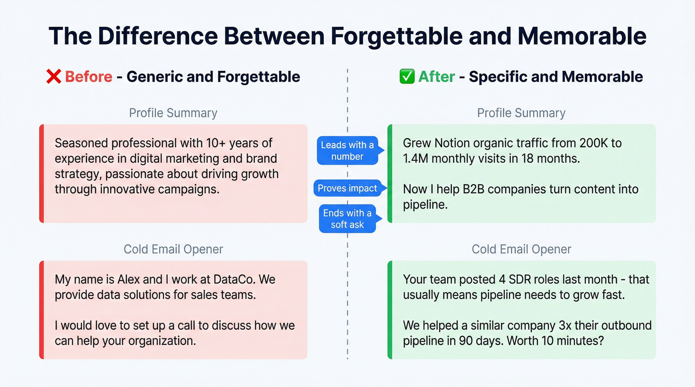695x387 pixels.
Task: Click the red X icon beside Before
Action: point(53,77)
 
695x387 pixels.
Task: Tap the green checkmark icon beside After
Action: point(407,77)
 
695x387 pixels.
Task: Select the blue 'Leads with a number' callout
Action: point(347,151)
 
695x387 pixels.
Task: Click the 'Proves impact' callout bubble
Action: point(347,188)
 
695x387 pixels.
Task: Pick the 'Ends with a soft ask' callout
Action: point(347,219)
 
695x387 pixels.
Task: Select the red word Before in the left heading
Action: point(88,77)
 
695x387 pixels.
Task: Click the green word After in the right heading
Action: point(436,77)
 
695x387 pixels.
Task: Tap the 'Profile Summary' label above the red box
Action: point(173,113)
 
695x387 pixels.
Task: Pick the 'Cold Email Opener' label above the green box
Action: point(521,249)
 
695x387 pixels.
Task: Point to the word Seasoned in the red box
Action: point(80,143)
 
